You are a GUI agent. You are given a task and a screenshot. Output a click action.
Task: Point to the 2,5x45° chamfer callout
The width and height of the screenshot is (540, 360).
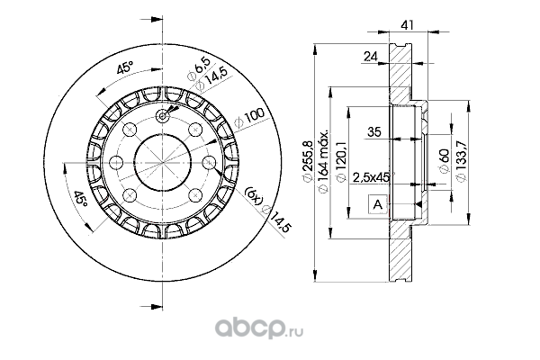click(372, 176)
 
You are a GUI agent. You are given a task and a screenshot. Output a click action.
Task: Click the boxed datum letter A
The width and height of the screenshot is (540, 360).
click(379, 206)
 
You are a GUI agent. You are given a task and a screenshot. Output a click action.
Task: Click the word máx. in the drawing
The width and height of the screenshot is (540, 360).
click(326, 144)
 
